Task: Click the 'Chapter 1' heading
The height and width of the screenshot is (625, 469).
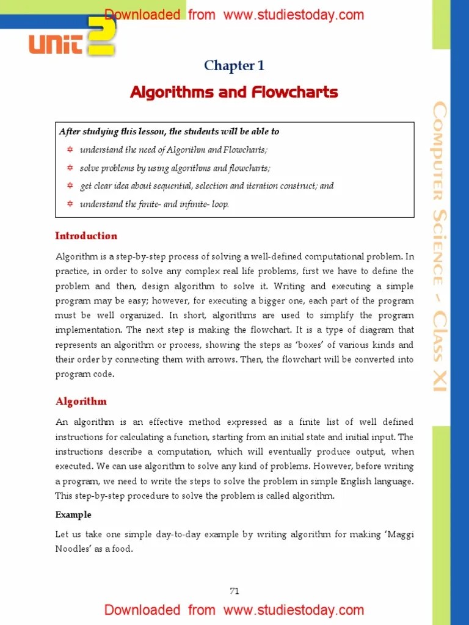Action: coord(234,66)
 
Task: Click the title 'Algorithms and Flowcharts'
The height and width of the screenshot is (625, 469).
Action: coord(234,93)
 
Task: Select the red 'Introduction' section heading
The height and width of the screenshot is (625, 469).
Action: coord(86,236)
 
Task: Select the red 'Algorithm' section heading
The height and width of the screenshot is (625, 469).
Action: coord(81,401)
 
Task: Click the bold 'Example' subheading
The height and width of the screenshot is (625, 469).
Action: coord(73,515)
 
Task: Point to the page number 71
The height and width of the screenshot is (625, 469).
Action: coord(234,590)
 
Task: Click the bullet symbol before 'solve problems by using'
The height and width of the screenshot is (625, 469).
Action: coord(70,168)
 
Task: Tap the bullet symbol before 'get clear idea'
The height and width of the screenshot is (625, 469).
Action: coord(70,186)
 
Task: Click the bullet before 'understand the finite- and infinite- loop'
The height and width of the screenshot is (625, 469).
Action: coord(70,204)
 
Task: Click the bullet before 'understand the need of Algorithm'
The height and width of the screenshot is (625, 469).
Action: coord(70,150)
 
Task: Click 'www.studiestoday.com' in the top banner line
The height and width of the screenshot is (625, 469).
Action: coord(294,15)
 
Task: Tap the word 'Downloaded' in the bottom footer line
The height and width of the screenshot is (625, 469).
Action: coord(142,610)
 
